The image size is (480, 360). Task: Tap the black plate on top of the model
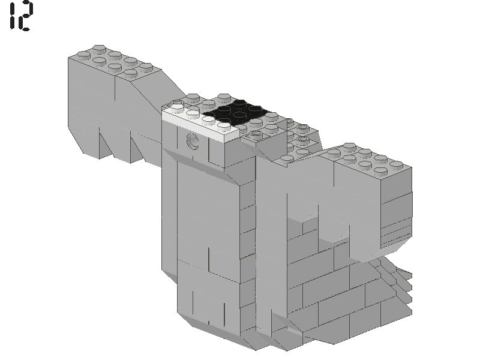click(x=234, y=111)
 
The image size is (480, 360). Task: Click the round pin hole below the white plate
click(x=193, y=141)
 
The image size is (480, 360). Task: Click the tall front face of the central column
click(x=207, y=228)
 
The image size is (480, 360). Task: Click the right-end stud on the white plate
click(x=225, y=125)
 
